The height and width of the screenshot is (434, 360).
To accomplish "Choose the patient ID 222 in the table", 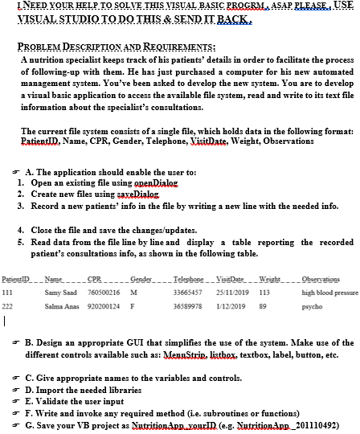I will (8, 308).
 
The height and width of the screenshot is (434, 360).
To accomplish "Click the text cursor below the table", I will (5, 324).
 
